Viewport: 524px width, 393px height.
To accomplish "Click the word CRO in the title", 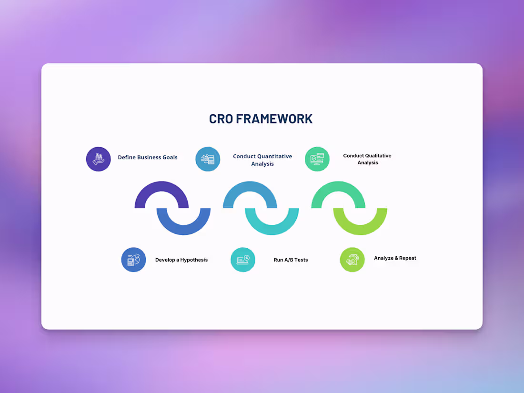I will coord(221,119).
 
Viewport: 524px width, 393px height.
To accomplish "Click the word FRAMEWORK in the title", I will coord(274,119).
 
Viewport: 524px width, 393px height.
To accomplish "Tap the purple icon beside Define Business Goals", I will coord(99,159).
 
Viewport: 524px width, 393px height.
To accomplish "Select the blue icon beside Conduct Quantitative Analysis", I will coord(208,159).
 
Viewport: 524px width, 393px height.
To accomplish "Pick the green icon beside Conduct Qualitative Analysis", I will coord(317,159).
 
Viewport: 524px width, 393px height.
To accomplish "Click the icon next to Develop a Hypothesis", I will coord(133,260).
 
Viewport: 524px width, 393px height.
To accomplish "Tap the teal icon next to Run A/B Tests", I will coord(243,260).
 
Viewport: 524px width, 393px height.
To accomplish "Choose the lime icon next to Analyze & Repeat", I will coord(353,260).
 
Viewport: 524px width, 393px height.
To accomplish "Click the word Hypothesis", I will coord(194,260).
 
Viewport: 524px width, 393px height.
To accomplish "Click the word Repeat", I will coord(407,258).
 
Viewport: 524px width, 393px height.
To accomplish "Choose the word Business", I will coord(148,157).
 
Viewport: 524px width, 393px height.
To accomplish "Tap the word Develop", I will coord(165,260).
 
